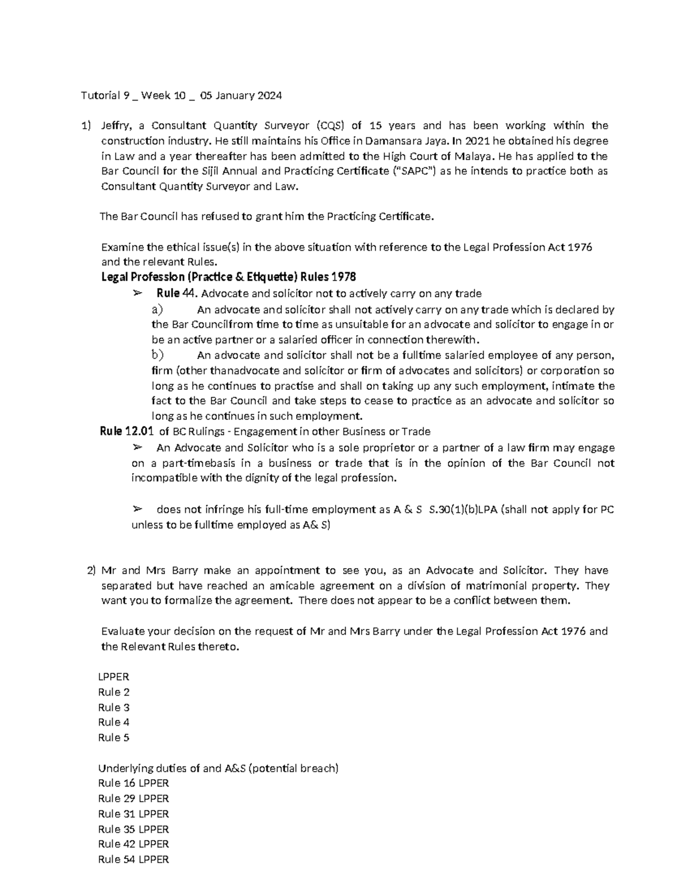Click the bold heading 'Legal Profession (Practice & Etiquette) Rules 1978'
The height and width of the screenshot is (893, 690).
pyautogui.click(x=228, y=277)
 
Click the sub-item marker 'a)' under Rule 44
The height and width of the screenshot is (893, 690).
pyautogui.click(x=157, y=309)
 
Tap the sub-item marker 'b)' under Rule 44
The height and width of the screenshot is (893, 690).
pyautogui.click(x=157, y=355)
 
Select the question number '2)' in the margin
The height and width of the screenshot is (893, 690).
pyautogui.click(x=90, y=570)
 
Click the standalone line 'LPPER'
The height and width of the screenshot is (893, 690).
pyautogui.click(x=113, y=677)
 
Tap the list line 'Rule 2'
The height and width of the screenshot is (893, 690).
pyautogui.click(x=113, y=692)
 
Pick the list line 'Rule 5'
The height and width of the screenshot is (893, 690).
pyautogui.click(x=113, y=738)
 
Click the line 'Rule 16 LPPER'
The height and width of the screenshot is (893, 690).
pyautogui.click(x=133, y=783)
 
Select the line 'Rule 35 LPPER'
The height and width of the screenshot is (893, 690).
pyautogui.click(x=133, y=829)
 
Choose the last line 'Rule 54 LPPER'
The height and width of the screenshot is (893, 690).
pyautogui.click(x=133, y=860)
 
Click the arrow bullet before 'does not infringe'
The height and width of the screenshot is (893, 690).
pyautogui.click(x=137, y=509)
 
